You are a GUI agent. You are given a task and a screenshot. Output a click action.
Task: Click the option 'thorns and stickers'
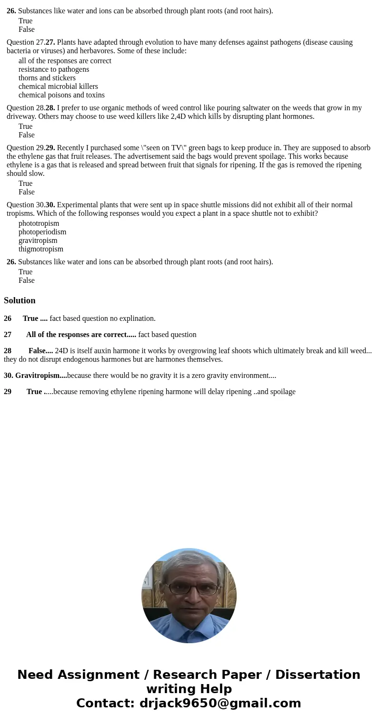[47, 78]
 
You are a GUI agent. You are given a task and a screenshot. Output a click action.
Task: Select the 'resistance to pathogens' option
[54, 69]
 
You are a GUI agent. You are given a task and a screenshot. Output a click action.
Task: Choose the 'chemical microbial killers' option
[58, 87]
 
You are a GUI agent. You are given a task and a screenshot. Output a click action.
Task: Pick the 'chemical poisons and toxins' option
[61, 95]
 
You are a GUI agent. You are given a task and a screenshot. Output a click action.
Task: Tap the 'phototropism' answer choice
[39, 223]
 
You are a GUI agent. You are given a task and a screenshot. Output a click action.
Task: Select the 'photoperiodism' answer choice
[42, 232]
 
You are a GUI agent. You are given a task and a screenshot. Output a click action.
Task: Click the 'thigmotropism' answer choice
[40, 249]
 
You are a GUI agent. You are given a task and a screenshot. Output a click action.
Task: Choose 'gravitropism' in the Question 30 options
[38, 241]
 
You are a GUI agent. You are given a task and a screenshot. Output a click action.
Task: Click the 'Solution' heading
[20, 300]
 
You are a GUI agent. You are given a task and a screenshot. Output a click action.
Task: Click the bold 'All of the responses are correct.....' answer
[81, 335]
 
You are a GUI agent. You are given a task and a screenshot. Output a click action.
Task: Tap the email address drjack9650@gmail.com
[220, 703]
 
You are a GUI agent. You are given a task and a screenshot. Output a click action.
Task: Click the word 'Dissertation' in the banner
[318, 675]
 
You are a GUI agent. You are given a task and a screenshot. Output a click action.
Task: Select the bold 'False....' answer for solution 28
[40, 351]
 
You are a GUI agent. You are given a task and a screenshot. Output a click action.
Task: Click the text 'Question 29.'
[26, 148]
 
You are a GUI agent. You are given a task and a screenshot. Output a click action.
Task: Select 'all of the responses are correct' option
[65, 61]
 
